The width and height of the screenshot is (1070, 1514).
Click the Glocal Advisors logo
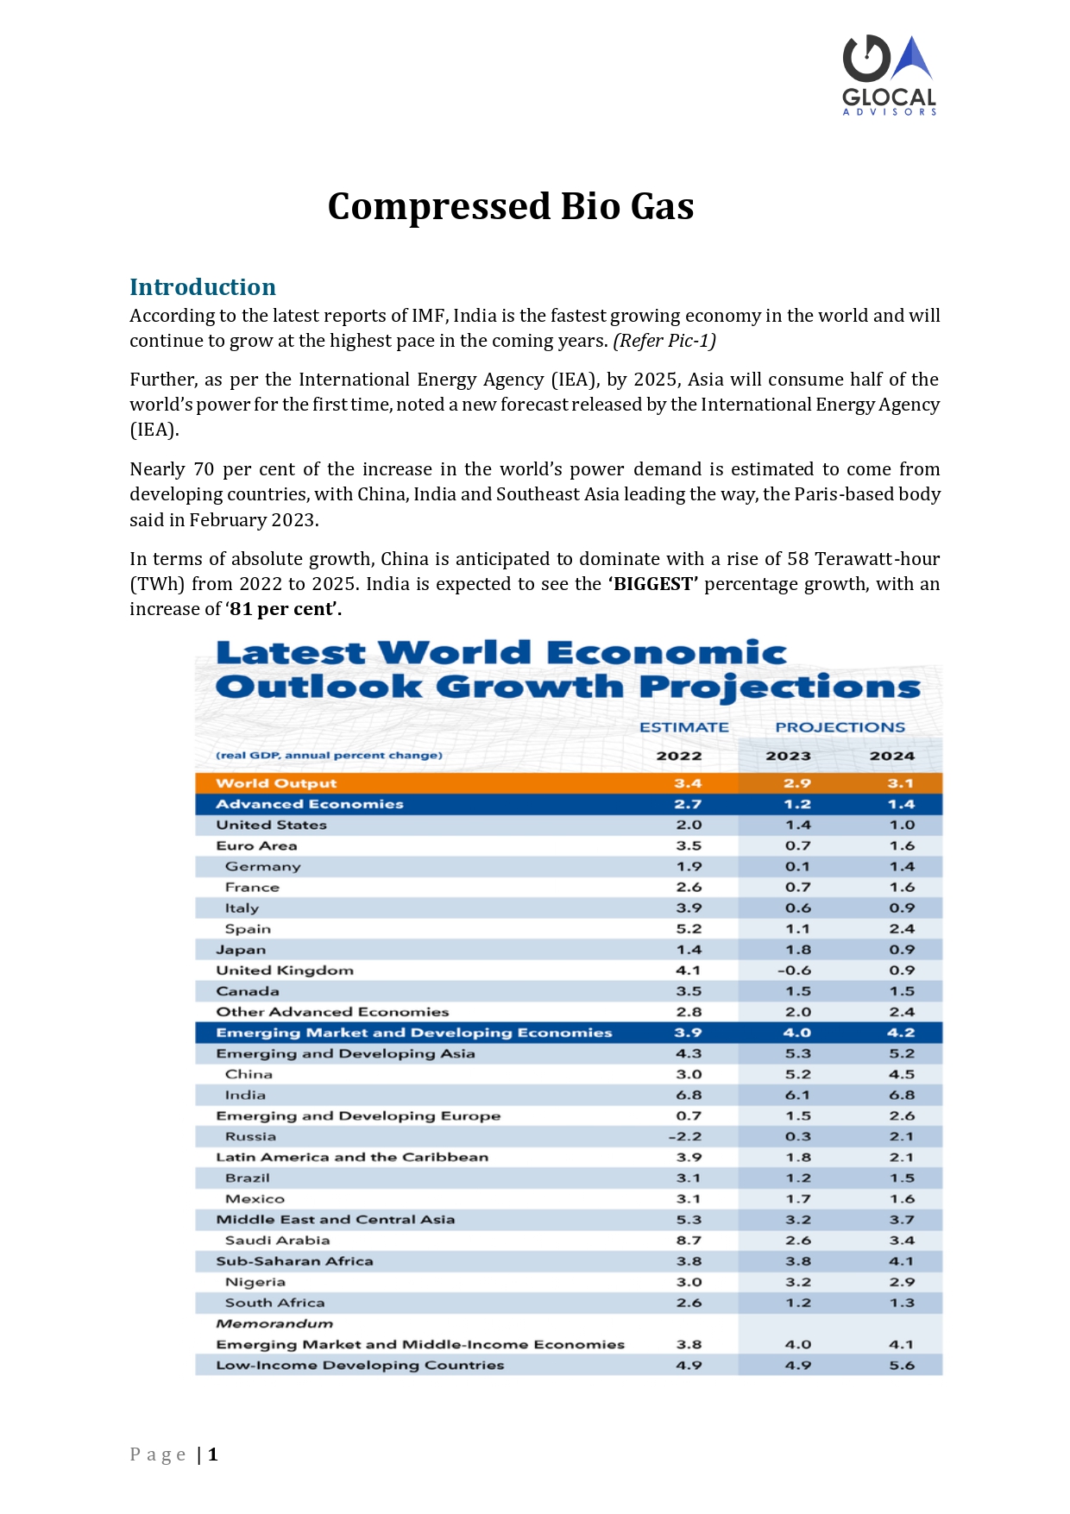tap(890, 75)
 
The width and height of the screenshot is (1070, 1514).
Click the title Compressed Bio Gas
tap(511, 206)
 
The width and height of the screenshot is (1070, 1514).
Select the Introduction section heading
tap(203, 286)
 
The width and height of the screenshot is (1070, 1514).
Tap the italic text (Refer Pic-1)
tap(664, 341)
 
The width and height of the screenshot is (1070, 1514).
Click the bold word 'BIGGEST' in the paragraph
tap(653, 584)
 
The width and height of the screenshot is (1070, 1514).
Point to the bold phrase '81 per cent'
tap(281, 609)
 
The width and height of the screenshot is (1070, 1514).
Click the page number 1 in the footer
tap(212, 1454)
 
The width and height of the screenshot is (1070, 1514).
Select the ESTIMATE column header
tap(684, 727)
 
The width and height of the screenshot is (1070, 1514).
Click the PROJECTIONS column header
tap(840, 727)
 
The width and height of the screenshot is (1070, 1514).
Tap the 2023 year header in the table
tap(789, 756)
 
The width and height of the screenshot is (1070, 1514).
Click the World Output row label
tap(276, 783)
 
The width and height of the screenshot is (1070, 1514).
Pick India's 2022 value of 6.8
tap(689, 1095)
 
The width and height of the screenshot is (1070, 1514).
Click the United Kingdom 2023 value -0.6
tap(794, 971)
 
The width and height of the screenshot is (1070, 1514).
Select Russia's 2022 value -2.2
tap(685, 1136)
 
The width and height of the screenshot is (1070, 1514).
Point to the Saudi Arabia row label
tap(277, 1241)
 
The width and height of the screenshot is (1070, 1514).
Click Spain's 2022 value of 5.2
tap(689, 929)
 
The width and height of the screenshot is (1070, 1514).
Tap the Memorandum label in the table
tap(274, 1323)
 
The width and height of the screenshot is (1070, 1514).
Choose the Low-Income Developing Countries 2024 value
tap(902, 1365)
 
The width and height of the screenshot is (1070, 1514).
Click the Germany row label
tap(262, 867)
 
